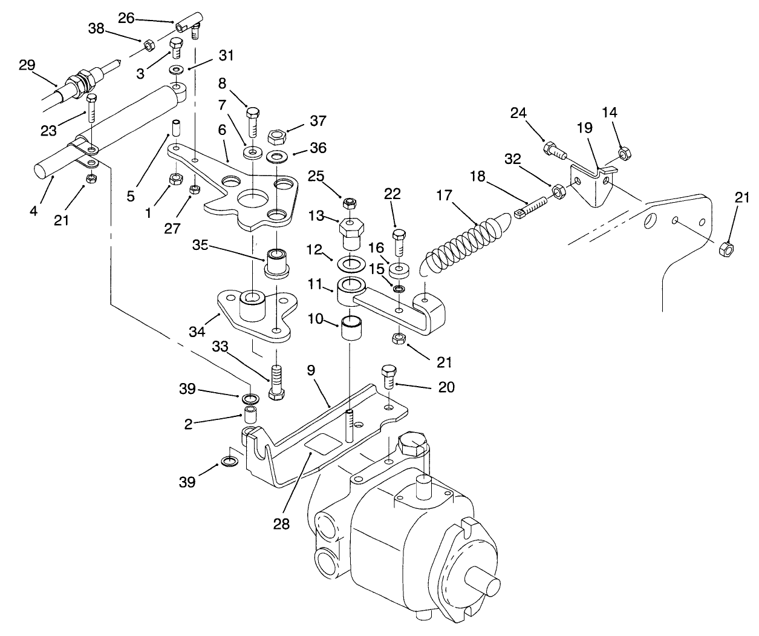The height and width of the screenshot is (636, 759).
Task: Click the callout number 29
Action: pyautogui.click(x=27, y=65)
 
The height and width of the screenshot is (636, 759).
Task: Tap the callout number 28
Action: pyautogui.click(x=281, y=523)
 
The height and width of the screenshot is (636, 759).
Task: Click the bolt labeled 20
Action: pyautogui.click(x=389, y=376)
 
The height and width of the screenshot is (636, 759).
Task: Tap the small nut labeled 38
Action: pyautogui.click(x=147, y=45)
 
